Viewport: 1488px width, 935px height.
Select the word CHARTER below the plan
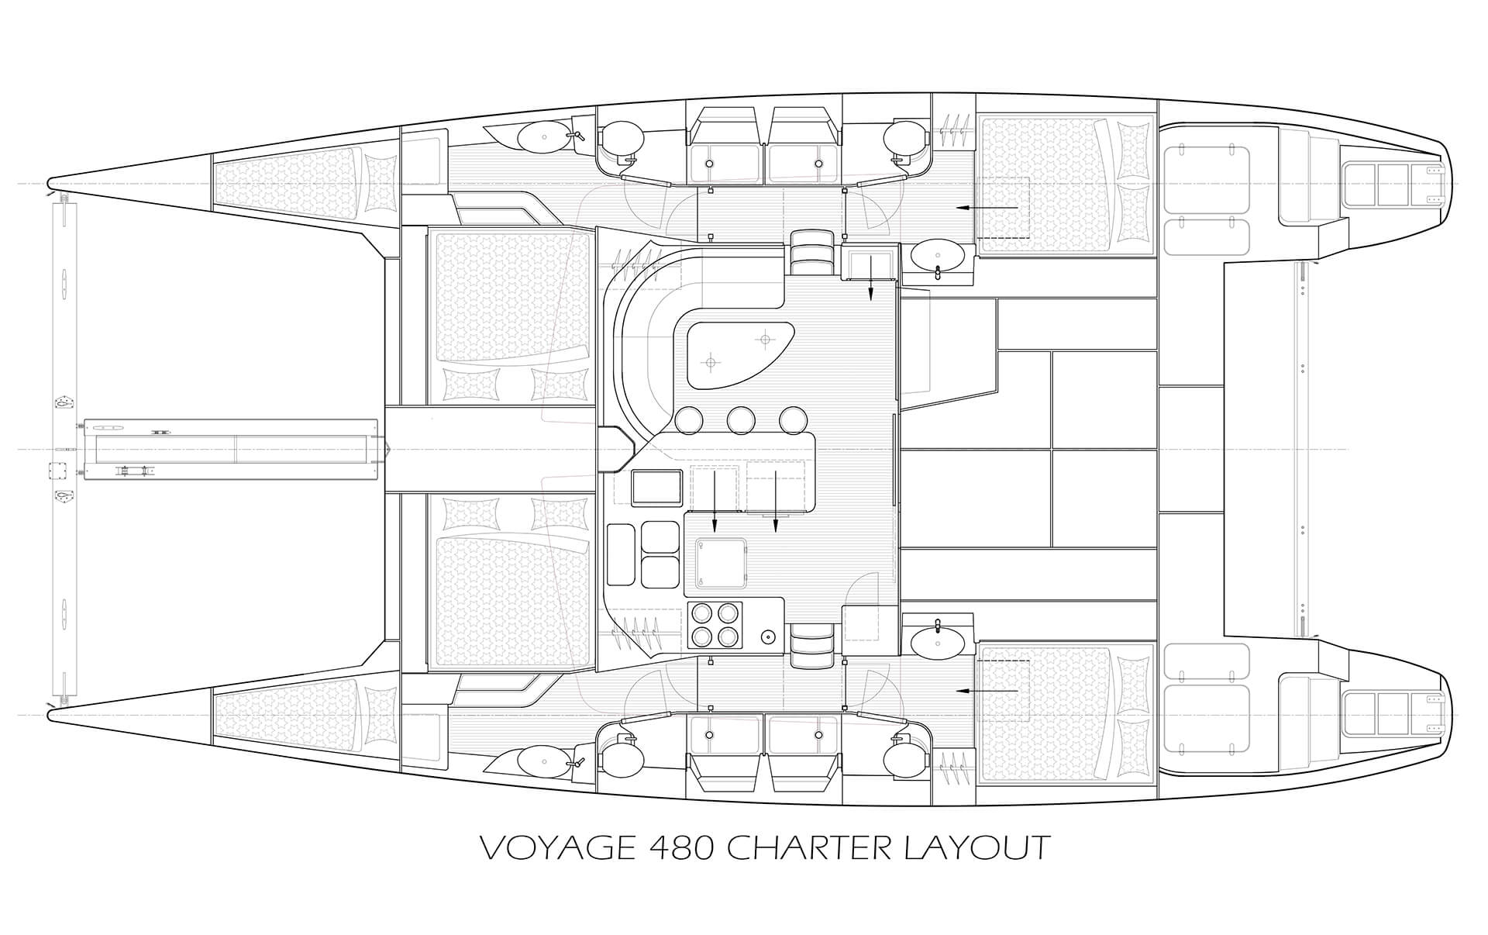pyautogui.click(x=809, y=847)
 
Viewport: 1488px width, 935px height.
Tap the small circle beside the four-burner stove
pyautogui.click(x=767, y=637)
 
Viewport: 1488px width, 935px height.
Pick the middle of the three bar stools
pyautogui.click(x=741, y=420)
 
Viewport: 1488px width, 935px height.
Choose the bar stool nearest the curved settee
pyautogui.click(x=689, y=420)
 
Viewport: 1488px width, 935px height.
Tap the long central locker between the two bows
pyautogui.click(x=230, y=449)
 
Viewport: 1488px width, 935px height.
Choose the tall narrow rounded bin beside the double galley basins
pyautogui.click(x=620, y=554)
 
